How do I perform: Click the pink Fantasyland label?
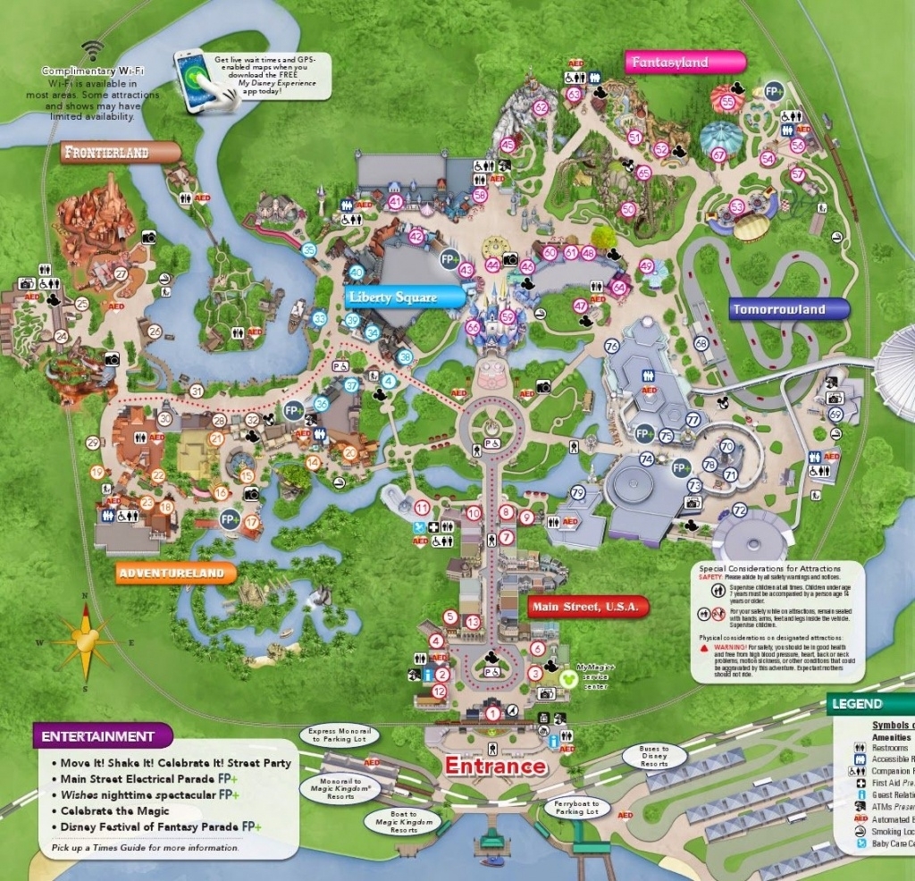(x=684, y=63)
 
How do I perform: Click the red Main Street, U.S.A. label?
(x=587, y=608)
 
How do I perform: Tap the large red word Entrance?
(x=495, y=766)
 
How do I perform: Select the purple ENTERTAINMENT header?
(x=100, y=736)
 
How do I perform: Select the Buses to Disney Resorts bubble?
(x=654, y=757)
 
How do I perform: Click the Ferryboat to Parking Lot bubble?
(x=576, y=807)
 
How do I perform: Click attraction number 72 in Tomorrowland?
(x=739, y=510)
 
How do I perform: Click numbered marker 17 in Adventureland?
(x=252, y=522)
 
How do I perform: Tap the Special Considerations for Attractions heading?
(x=769, y=568)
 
